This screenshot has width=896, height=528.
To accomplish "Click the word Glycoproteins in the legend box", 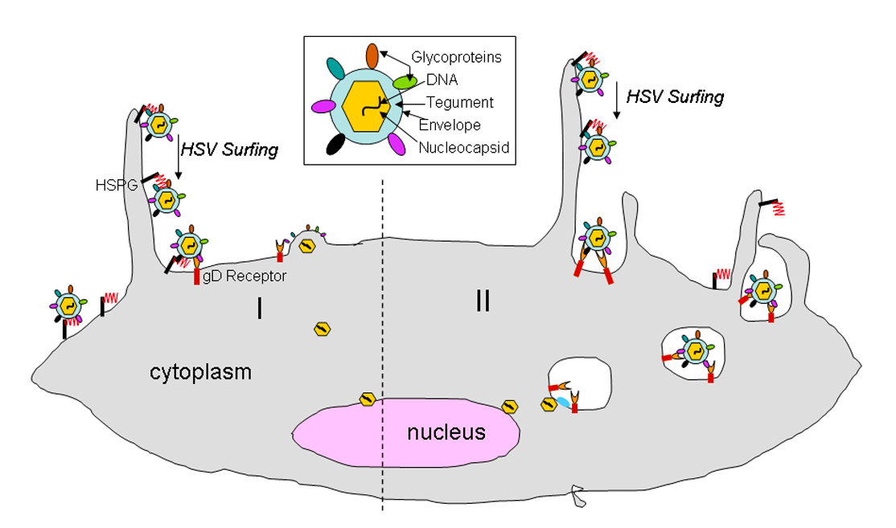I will pos(456,57).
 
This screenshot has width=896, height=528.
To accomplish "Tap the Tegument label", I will pos(459,102).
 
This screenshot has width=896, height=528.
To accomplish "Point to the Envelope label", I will pos(453,125).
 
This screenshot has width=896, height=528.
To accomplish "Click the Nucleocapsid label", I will pos(463,148).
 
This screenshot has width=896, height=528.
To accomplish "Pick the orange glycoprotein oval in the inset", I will pos(372,55).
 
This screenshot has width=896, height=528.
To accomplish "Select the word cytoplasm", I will pos(200,373).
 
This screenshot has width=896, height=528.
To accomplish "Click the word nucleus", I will pos(446,432).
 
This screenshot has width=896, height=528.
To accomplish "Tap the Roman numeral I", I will pos(259,309).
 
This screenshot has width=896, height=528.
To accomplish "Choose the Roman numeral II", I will pos(483,301).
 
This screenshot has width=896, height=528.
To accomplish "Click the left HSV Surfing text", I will pos(229,149).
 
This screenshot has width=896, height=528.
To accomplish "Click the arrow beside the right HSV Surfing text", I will pos(615,100).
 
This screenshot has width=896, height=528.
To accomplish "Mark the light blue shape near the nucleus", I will pos(564,401).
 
